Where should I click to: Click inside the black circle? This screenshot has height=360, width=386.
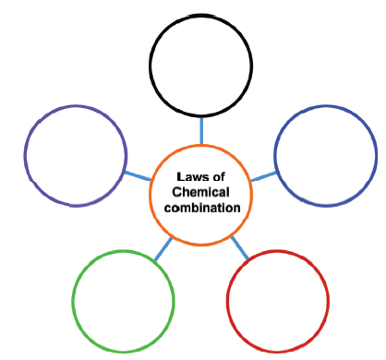coord(201,66)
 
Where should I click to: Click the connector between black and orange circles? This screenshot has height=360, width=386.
coord(201,131)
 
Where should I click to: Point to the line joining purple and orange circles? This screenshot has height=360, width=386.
coord(138,176)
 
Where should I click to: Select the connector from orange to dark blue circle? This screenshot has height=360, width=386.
coord(264,176)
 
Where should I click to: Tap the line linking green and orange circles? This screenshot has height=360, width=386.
coord(163,249)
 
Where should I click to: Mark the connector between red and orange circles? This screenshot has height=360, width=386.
coord(239,247)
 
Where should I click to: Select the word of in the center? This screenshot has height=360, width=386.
coord(218,177)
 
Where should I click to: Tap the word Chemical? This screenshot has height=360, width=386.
coord(200,192)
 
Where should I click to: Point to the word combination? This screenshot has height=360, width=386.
coord(202,208)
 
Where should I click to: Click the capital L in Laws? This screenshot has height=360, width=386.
coord(180,177)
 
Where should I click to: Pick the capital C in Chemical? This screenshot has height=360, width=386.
coord(176,192)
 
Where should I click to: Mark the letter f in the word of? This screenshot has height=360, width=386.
coord(223,177)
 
